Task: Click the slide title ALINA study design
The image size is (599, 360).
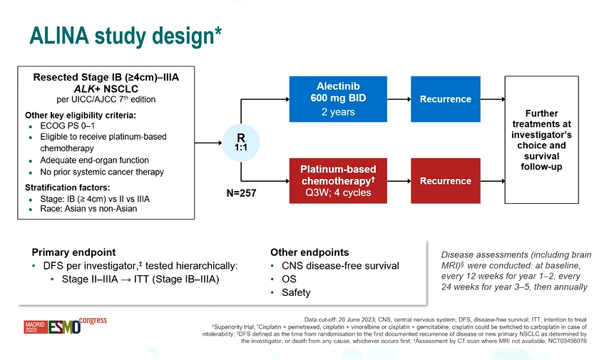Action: (125, 35)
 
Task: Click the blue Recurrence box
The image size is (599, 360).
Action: (445, 99)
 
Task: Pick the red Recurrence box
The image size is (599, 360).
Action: (445, 181)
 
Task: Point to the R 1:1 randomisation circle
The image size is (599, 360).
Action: (241, 141)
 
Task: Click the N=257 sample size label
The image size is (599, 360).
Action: (241, 192)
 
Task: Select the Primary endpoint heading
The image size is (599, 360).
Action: (73, 252)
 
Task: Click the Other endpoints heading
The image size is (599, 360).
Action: (309, 252)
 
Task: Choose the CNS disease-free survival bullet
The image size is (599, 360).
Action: (339, 266)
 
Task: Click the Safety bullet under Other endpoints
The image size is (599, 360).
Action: (295, 292)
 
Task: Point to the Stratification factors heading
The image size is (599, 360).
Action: (67, 187)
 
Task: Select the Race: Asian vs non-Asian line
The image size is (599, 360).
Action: (88, 209)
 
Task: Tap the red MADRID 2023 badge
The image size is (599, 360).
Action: (34, 327)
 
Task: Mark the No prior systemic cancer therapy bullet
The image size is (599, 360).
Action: (102, 172)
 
